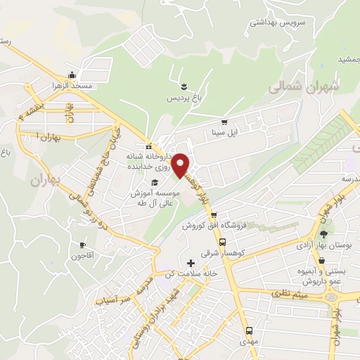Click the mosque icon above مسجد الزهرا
tap(71, 75)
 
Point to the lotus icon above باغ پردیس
tap(184, 87)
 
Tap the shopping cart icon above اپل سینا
tap(224, 121)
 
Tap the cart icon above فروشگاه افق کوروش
tap(214, 215)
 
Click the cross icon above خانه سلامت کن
tap(191, 263)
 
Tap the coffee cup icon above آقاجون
tap(83, 245)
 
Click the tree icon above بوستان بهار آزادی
tap(323, 235)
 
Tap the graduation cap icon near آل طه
tap(155, 184)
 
